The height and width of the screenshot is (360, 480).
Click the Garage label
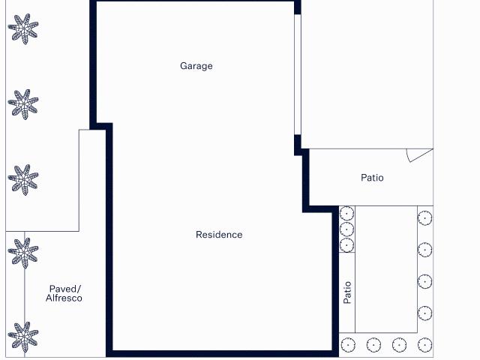(196, 66)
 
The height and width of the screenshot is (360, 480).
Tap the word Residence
(219, 235)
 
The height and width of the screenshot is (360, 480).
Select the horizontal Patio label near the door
(372, 178)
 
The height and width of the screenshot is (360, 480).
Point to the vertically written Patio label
(347, 292)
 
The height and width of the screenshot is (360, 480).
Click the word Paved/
(64, 289)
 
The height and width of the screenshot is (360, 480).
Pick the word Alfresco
(64, 298)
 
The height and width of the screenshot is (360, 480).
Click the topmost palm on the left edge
(23, 29)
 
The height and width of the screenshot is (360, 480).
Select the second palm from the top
(23, 103)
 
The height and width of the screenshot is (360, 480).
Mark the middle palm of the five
(23, 180)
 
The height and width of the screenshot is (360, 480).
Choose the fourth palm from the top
(23, 253)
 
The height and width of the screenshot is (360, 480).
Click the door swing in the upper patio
(418, 154)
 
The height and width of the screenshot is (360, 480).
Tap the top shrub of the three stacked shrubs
(346, 214)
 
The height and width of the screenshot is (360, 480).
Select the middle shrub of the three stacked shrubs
(346, 229)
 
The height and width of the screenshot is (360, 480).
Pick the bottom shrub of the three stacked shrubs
(346, 244)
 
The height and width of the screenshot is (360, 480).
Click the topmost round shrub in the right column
(424, 218)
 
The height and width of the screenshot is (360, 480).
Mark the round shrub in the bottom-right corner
(424, 345)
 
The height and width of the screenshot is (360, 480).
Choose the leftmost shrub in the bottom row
(347, 345)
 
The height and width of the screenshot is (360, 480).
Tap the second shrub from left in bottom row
(373, 345)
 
